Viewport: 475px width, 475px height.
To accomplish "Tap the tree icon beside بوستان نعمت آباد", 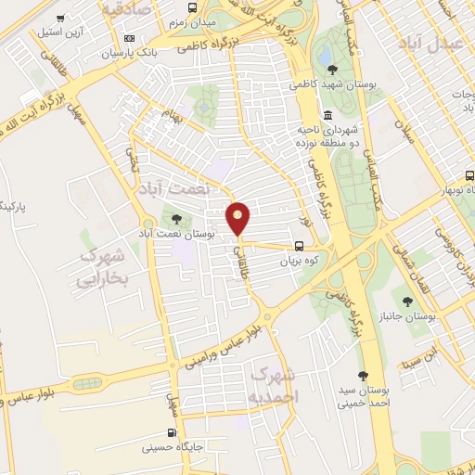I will pos(176,219).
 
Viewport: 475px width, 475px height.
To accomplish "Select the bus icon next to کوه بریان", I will pos(299,247).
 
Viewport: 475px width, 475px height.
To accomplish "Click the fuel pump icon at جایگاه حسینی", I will pos(171,432).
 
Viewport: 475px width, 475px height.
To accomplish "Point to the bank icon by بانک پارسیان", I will pos(128,38).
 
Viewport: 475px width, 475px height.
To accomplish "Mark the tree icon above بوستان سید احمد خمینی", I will pos(364,378).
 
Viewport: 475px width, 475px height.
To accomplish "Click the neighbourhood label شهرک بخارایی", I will pos(100,265).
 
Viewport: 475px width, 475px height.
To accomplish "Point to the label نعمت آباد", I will pos(168,188).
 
